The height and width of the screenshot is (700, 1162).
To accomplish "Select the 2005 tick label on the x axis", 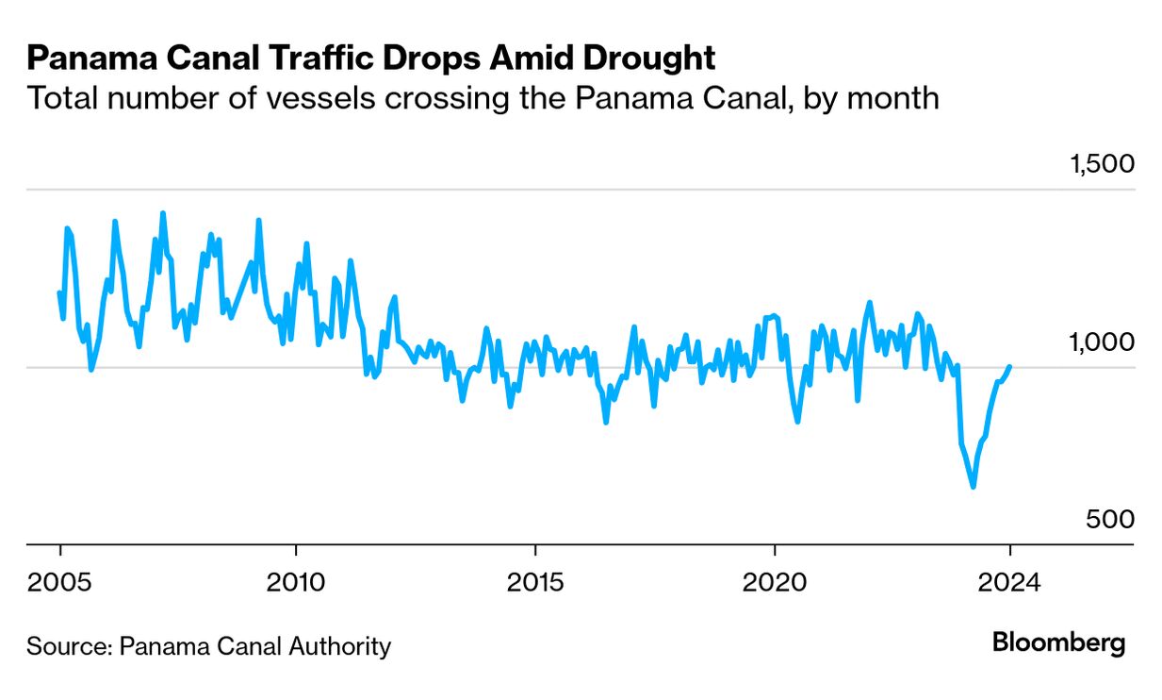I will tap(60, 581).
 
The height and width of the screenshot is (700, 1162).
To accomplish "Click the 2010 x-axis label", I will tap(296, 581).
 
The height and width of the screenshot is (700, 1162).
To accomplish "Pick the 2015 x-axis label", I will tap(534, 581).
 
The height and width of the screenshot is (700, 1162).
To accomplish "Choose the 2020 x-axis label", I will tap(774, 581).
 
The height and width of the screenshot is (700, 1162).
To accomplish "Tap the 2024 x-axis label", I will tap(1010, 581).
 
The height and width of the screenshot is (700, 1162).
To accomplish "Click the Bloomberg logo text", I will tap(1058, 643).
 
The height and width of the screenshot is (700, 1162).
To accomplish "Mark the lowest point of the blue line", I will tap(973, 487).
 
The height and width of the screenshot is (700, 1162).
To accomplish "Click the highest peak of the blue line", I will tap(163, 213).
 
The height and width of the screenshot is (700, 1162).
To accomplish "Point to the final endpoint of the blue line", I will tap(1010, 366).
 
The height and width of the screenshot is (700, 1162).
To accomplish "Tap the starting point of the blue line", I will tap(59, 293).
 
